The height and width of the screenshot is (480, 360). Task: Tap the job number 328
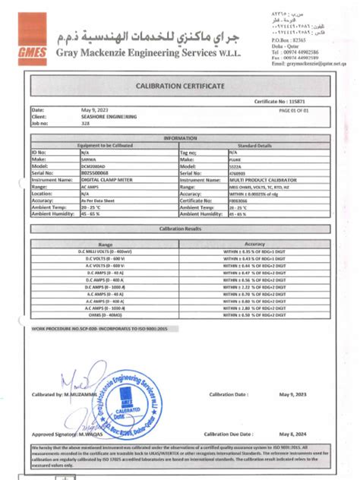tap(85, 122)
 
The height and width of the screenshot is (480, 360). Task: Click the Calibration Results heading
tap(179, 228)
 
